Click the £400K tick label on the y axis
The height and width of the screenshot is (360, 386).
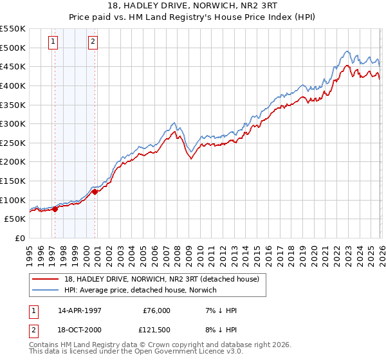(x=13, y=85)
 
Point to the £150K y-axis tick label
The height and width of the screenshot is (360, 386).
(x=13, y=181)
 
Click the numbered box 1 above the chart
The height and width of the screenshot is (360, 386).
(x=53, y=42)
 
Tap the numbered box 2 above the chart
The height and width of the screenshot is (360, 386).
(x=93, y=42)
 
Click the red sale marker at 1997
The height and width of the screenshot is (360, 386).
(x=55, y=209)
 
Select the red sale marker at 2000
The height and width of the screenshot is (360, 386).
(x=95, y=192)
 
